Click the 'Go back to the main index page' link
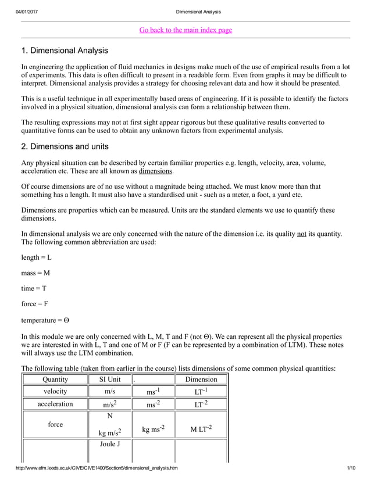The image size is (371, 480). (185, 30)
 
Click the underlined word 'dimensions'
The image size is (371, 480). (155, 171)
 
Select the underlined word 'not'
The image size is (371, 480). (301, 234)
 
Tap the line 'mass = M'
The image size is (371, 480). (35, 273)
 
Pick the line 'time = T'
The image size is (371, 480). (34, 289)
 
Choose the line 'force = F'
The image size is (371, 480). (35, 305)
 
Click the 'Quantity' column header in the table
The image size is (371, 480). (55, 379)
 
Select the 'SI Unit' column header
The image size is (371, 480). (109, 379)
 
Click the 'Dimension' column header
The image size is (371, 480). (201, 379)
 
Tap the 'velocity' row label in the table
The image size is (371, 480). (55, 391)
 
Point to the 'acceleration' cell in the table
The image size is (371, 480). (55, 404)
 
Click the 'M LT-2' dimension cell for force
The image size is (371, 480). (201, 429)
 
